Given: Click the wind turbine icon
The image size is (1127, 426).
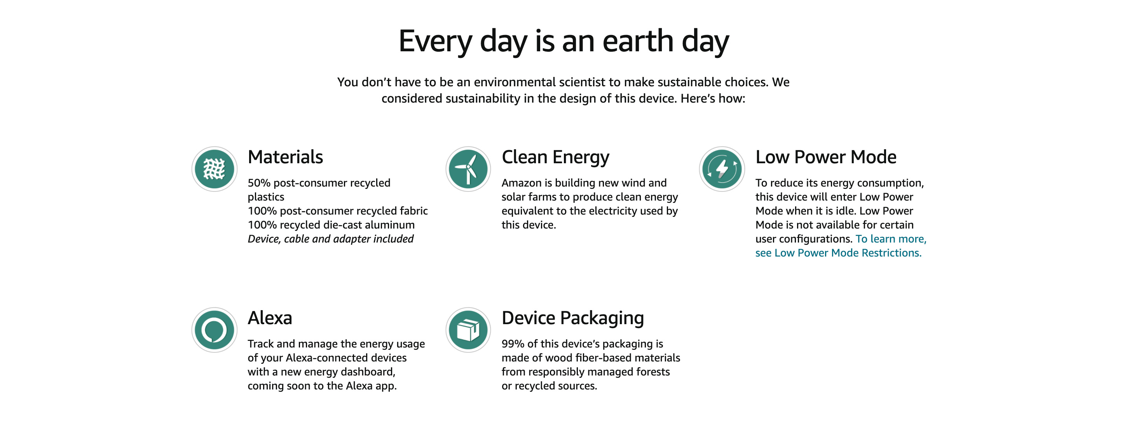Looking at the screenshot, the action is (x=468, y=169).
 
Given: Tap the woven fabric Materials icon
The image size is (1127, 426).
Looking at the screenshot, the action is (x=215, y=169).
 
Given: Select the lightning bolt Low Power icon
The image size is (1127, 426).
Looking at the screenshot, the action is (x=722, y=169).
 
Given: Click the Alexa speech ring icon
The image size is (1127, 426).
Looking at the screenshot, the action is (x=215, y=330).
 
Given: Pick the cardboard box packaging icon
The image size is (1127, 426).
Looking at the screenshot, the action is (x=468, y=330).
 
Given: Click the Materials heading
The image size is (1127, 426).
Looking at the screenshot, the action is (x=285, y=157).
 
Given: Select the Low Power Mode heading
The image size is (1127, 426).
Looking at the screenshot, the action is (x=825, y=157).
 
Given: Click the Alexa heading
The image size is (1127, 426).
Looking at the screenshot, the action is (x=269, y=318).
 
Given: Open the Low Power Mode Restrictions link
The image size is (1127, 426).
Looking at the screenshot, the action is (x=841, y=246).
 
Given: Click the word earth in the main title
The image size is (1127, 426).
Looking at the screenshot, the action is (x=637, y=42).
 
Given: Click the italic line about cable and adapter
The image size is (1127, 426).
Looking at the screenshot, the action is (x=330, y=239).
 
